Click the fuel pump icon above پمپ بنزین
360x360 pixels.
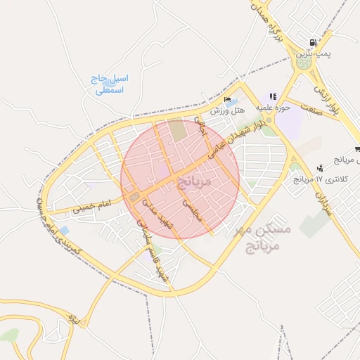click(x=312, y=41)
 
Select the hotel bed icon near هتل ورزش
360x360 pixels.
click(x=226, y=100)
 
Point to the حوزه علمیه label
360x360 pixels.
click(x=273, y=108)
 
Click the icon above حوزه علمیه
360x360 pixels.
click(x=273, y=96)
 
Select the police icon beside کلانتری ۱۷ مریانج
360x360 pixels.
click(x=321, y=168)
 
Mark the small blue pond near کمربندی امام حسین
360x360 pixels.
click(x=64, y=231)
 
